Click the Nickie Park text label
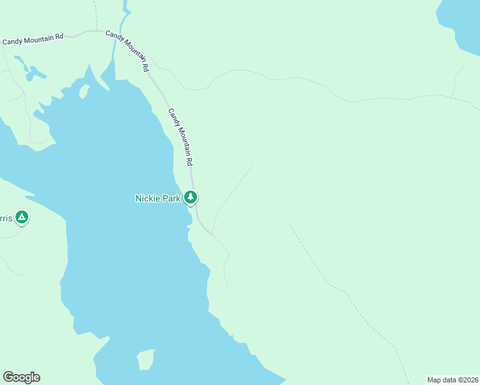(158, 198)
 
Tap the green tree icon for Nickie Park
(191, 198)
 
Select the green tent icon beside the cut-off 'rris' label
(22, 218)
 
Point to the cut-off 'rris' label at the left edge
(6, 219)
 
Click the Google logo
(21, 377)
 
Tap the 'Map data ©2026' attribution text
(452, 380)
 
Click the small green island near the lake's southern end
(147, 359)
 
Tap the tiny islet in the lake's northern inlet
(83, 92)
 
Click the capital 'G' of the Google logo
(9, 377)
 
